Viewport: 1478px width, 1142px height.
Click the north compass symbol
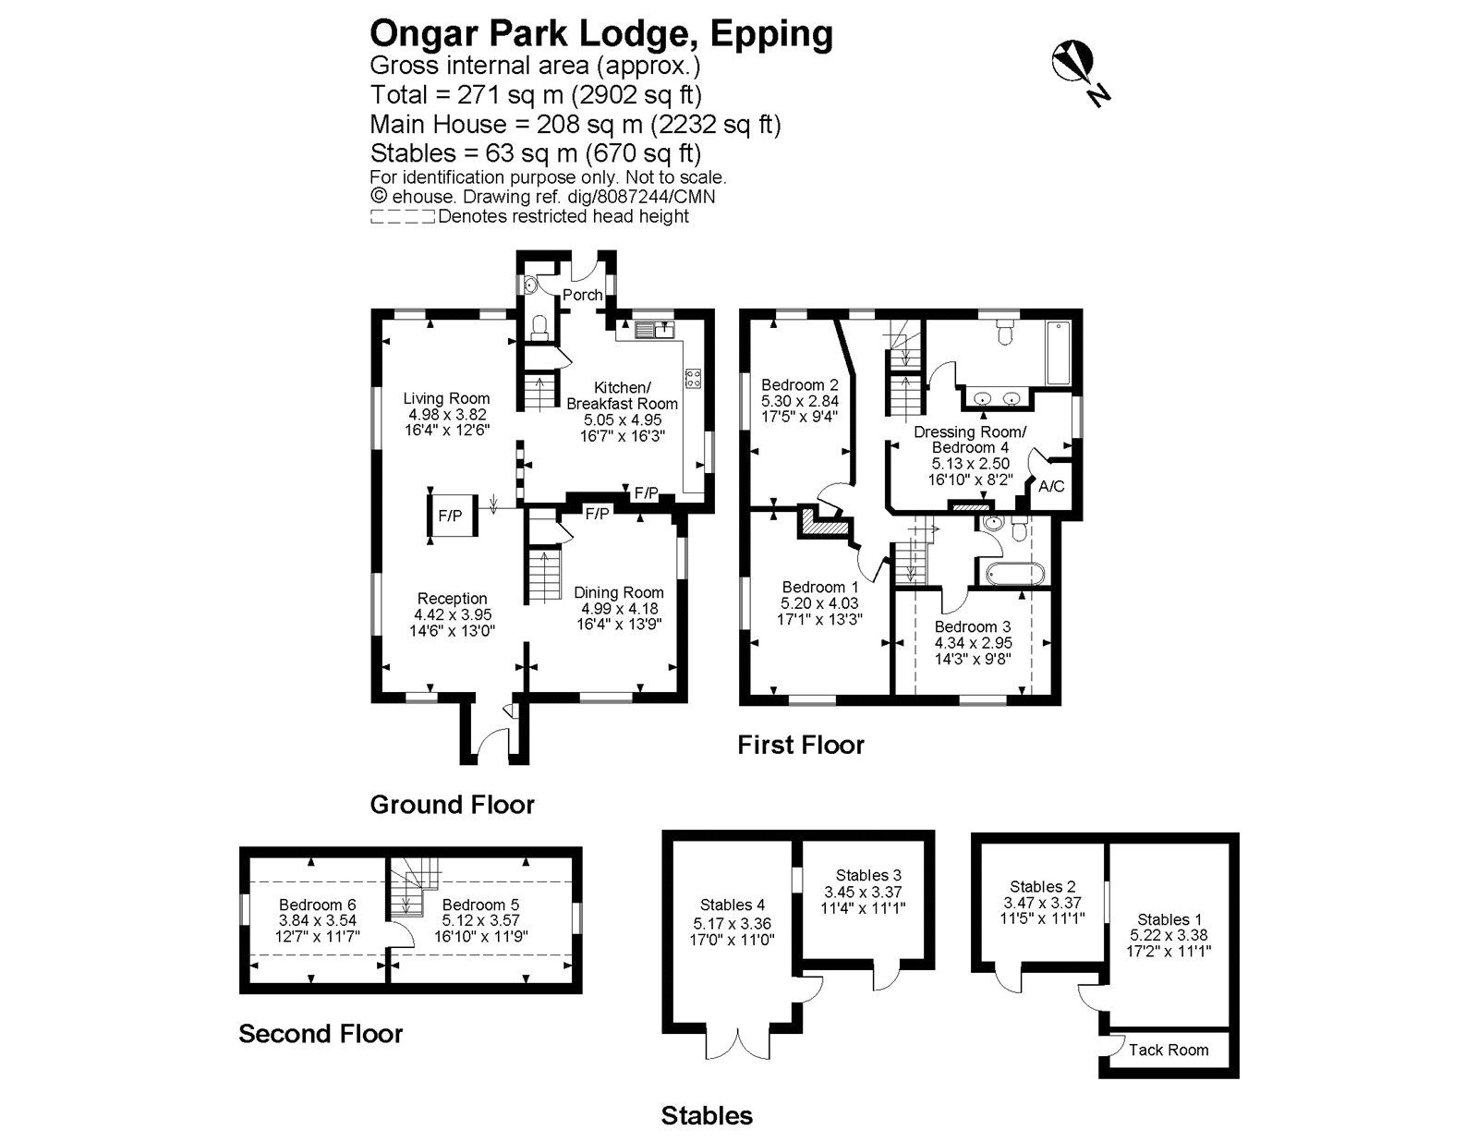point(1080,71)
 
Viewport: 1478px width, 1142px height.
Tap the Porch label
point(582,295)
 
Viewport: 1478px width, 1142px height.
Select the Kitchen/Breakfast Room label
point(623,395)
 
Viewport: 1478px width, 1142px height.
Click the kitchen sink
point(654,331)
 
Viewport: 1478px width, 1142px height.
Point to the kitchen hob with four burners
point(693,378)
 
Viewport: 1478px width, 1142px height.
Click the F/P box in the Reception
point(451,516)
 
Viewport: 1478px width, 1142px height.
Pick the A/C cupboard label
point(1051,486)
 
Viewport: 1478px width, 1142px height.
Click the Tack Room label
point(1169,1051)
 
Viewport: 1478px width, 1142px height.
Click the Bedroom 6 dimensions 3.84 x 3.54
point(317,921)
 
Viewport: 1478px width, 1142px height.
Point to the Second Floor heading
point(321,1034)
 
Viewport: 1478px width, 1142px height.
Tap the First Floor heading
point(801,746)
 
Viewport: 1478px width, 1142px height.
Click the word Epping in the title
point(771,35)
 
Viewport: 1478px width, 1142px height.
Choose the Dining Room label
point(618,592)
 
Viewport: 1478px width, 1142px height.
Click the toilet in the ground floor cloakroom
point(539,328)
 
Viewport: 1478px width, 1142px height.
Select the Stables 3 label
point(868,875)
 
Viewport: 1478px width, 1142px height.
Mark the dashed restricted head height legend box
point(402,218)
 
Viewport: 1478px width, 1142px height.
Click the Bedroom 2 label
point(800,385)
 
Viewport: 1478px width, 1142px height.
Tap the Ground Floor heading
point(453,806)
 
